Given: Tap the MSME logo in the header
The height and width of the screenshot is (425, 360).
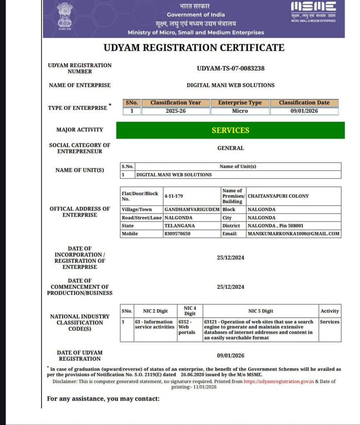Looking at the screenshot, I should (x=313, y=12).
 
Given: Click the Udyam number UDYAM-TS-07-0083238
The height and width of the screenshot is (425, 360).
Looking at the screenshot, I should (x=231, y=68).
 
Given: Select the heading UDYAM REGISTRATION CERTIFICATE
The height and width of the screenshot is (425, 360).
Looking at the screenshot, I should (x=194, y=48).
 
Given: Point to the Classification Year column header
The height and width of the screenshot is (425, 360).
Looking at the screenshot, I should (x=175, y=103).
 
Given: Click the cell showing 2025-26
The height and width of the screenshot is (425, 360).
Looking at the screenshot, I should (x=175, y=111).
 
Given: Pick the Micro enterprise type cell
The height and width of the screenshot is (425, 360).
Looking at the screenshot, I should (x=240, y=111).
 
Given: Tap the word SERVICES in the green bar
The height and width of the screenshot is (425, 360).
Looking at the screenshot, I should (x=231, y=130).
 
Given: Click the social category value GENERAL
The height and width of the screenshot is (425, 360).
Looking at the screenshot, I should (x=231, y=148).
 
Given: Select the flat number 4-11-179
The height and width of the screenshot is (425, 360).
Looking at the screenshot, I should (x=174, y=196).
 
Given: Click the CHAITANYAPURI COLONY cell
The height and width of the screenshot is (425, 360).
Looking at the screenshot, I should (x=278, y=196).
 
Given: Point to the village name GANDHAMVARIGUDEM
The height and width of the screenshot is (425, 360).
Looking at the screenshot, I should (x=192, y=210).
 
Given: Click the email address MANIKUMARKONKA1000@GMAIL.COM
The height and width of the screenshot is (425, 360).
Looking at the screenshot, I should (x=293, y=234).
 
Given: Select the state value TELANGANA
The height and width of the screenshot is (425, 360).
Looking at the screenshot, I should (x=180, y=226).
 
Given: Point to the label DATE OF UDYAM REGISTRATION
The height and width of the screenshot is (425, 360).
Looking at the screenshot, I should (x=80, y=356).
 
